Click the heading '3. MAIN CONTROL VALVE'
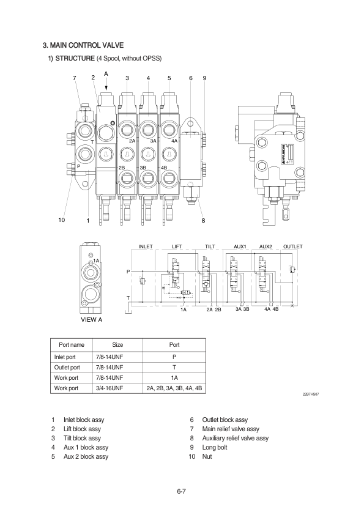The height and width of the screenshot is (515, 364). (x=83, y=45)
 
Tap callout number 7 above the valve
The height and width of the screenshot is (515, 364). (x=75, y=78)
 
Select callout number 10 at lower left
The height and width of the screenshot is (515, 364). (x=62, y=220)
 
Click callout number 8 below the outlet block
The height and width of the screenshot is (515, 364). (x=203, y=220)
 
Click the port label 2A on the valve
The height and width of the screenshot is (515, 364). (x=132, y=141)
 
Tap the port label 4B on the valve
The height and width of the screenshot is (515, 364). (x=164, y=168)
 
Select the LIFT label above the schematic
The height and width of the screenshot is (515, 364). (x=177, y=246)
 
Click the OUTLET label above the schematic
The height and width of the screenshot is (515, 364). (x=292, y=246)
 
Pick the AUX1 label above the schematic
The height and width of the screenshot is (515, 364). (x=240, y=246)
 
